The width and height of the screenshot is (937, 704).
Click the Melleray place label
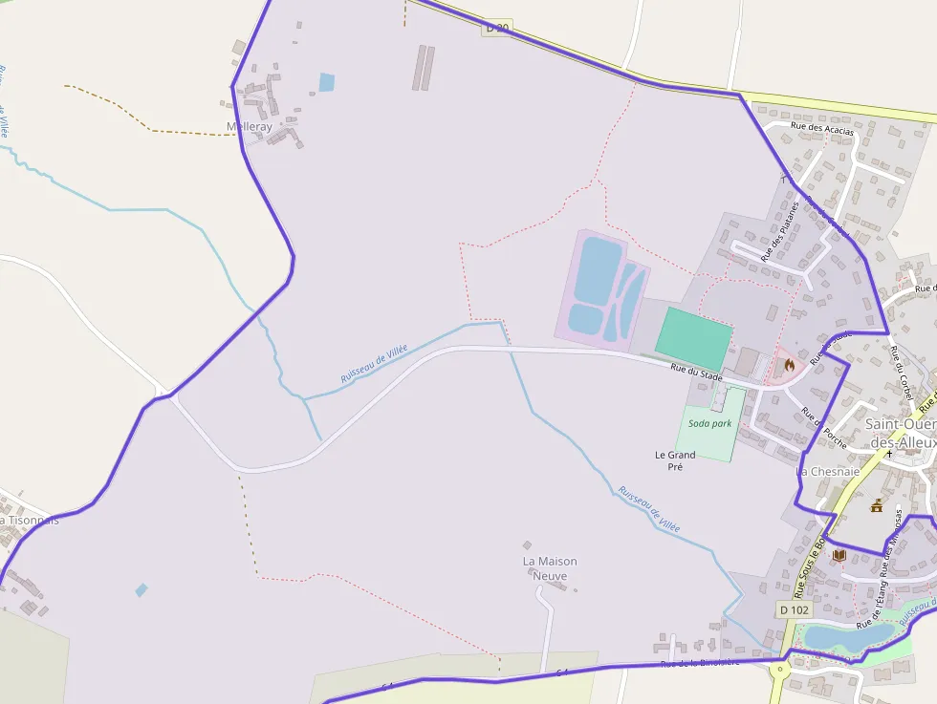click(x=250, y=127)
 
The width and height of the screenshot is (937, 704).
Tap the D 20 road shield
click(x=497, y=29)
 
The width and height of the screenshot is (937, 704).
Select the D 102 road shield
click(x=794, y=609)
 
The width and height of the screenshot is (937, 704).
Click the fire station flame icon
click(x=789, y=364)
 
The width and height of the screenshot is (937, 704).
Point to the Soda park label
click(x=709, y=423)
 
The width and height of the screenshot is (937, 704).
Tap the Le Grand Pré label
click(x=675, y=460)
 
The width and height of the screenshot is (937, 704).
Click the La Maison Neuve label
click(x=550, y=568)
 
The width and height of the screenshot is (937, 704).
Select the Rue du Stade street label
click(x=696, y=375)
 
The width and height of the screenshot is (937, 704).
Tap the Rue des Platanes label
click(x=779, y=229)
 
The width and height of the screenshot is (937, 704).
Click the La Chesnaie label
click(x=828, y=471)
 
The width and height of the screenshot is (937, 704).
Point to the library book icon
click(x=839, y=555)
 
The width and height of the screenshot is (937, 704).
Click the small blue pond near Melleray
click(x=327, y=82)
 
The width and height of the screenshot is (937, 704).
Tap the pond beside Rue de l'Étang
click(x=836, y=635)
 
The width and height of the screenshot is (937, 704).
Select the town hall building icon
click(x=876, y=506)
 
